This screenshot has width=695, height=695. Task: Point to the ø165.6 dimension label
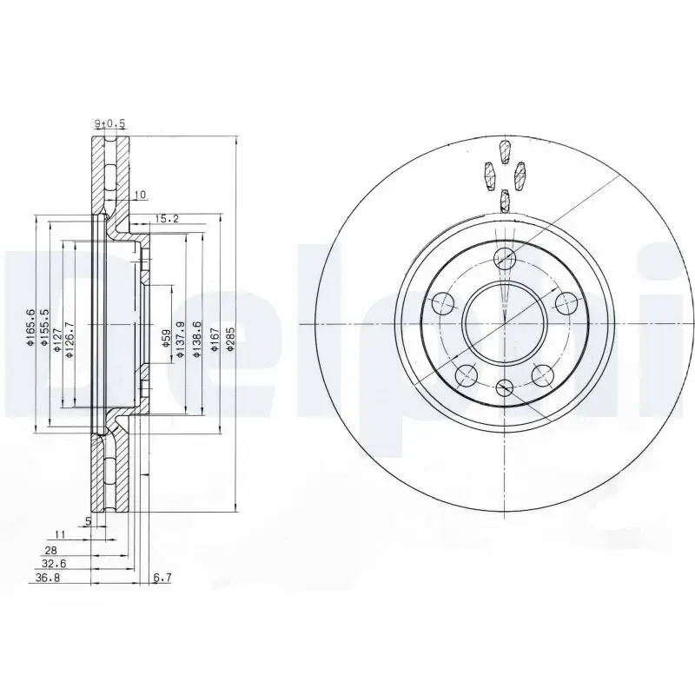[x=30, y=329]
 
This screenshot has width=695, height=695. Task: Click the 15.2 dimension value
[x=167, y=218]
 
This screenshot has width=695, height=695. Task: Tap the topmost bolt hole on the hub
[x=505, y=258]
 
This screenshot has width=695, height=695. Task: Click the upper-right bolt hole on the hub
[x=566, y=303]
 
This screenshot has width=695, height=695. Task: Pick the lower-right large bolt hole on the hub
[x=543, y=375]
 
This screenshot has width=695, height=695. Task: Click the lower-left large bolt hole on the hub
[x=467, y=375]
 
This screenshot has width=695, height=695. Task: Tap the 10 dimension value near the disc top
[x=141, y=194]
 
